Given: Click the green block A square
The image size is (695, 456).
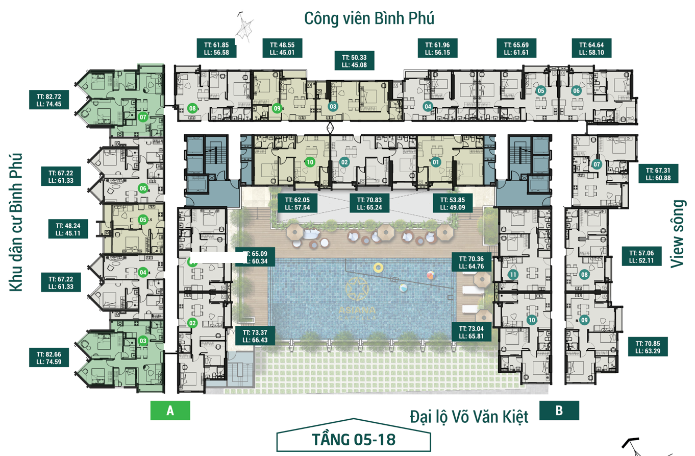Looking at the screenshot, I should coord(170,411).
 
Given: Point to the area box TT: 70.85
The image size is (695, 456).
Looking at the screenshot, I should coord(647,347).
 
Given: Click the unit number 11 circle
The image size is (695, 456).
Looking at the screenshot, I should coord(513,275).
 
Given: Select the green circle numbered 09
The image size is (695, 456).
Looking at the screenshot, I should coord(277,108).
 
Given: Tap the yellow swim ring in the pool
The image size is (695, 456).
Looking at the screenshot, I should coord(378,268).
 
